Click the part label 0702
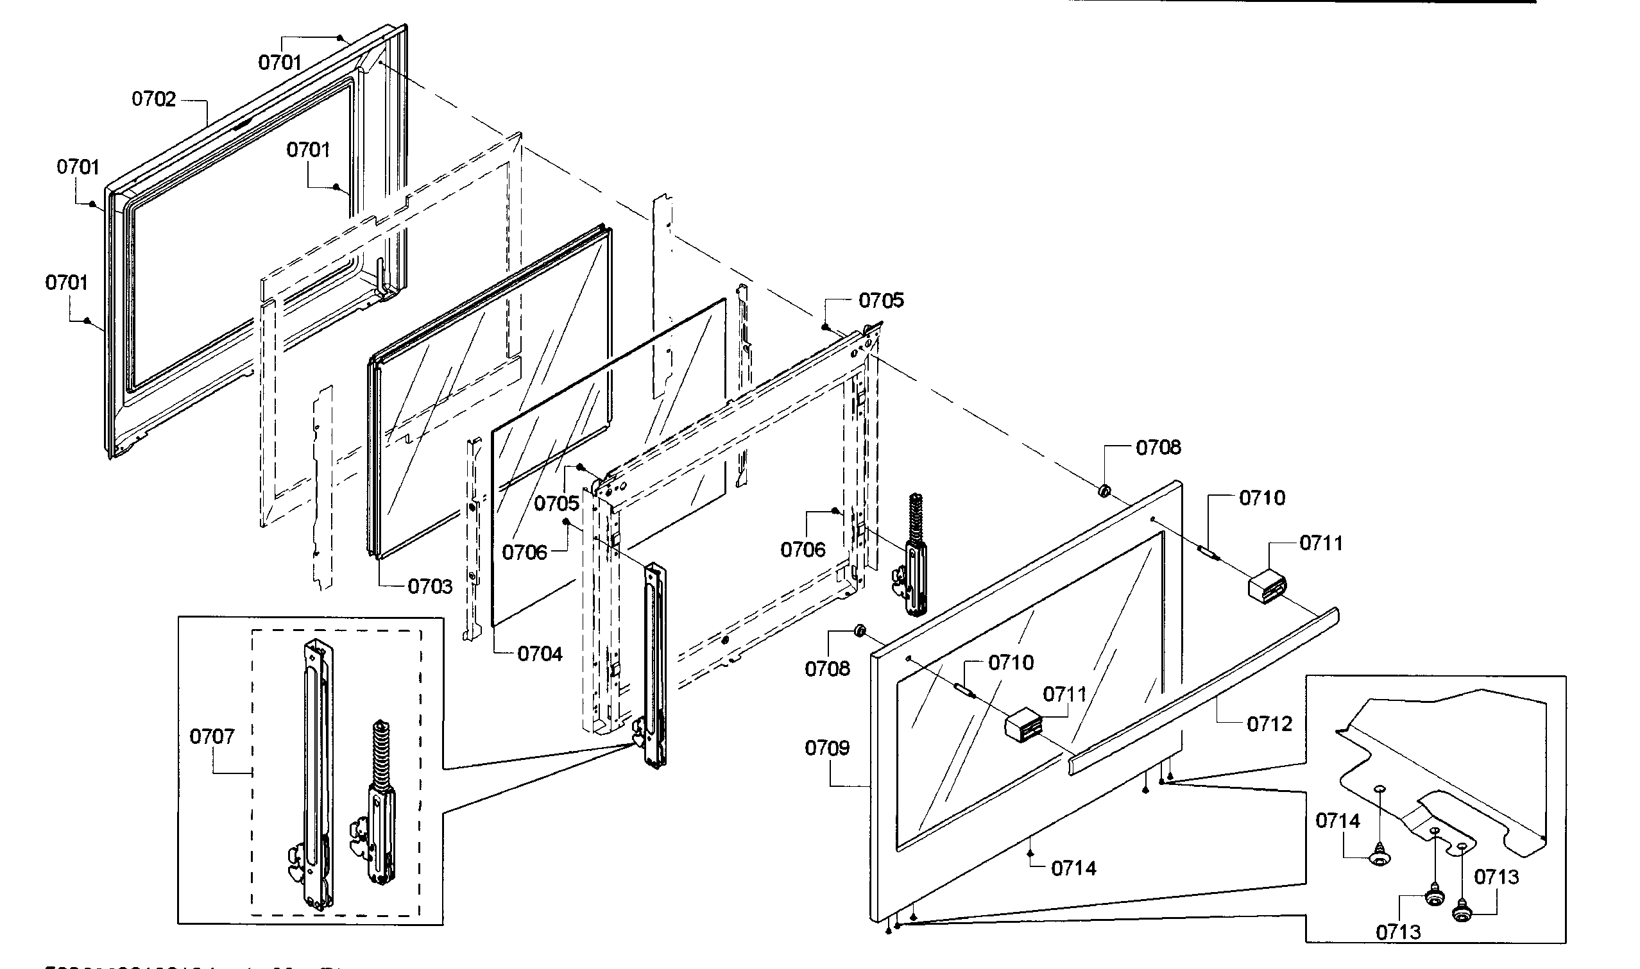(153, 99)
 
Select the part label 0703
(430, 586)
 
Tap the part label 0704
(540, 653)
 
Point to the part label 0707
(212, 737)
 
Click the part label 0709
(827, 748)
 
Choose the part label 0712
(1270, 724)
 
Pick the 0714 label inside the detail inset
(1338, 821)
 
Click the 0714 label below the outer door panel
(1073, 868)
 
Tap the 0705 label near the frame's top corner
(881, 300)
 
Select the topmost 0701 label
(280, 63)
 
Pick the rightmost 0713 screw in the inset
(1462, 912)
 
